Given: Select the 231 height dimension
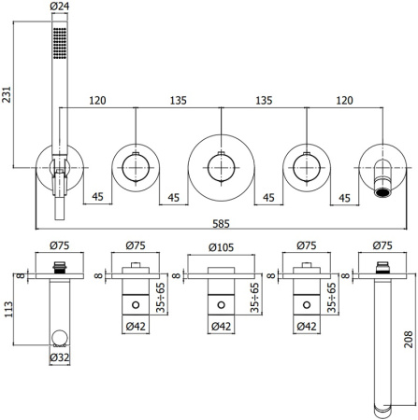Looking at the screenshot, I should [7, 93].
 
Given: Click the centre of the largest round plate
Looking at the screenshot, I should [220, 167].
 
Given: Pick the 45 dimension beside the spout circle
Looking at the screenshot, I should [343, 198].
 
